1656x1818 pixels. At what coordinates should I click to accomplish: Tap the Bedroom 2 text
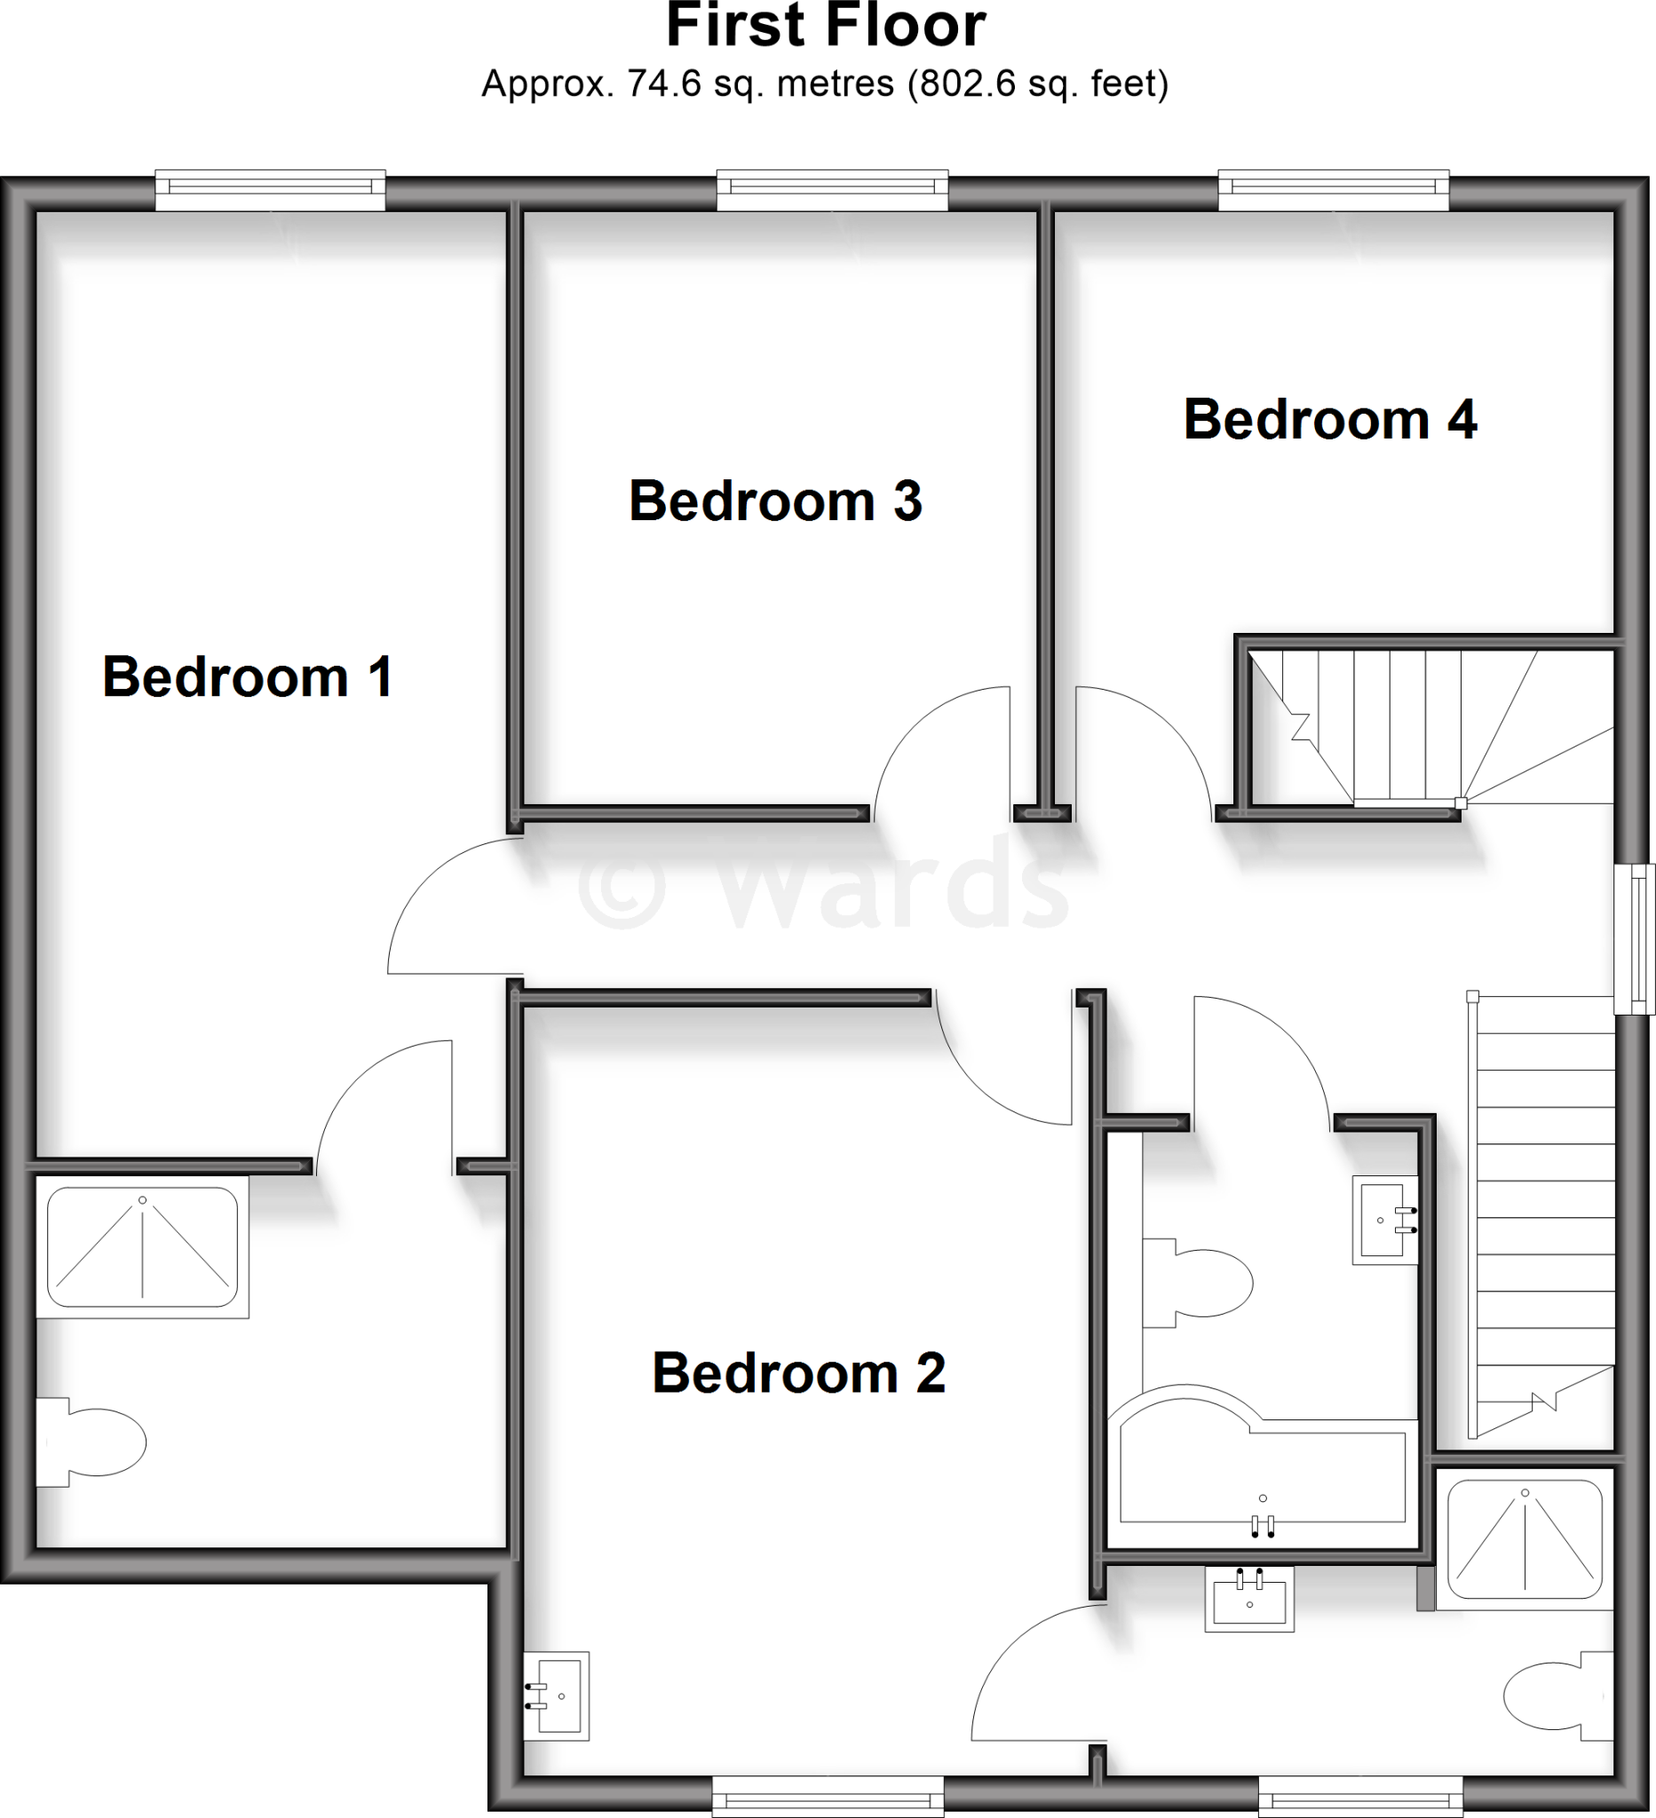[798, 1372]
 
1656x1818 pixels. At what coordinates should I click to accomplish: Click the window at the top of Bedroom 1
[271, 189]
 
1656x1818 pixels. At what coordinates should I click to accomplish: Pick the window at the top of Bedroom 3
[833, 189]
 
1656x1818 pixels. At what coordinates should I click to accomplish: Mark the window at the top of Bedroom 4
[1334, 189]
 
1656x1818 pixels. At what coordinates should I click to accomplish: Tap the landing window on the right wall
[1634, 939]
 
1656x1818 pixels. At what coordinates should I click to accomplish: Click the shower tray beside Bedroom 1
[142, 1246]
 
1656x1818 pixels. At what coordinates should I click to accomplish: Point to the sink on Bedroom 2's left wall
[558, 1695]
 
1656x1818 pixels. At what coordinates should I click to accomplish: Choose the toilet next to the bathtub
[1200, 1283]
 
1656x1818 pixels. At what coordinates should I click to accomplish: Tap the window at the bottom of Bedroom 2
[828, 1801]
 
